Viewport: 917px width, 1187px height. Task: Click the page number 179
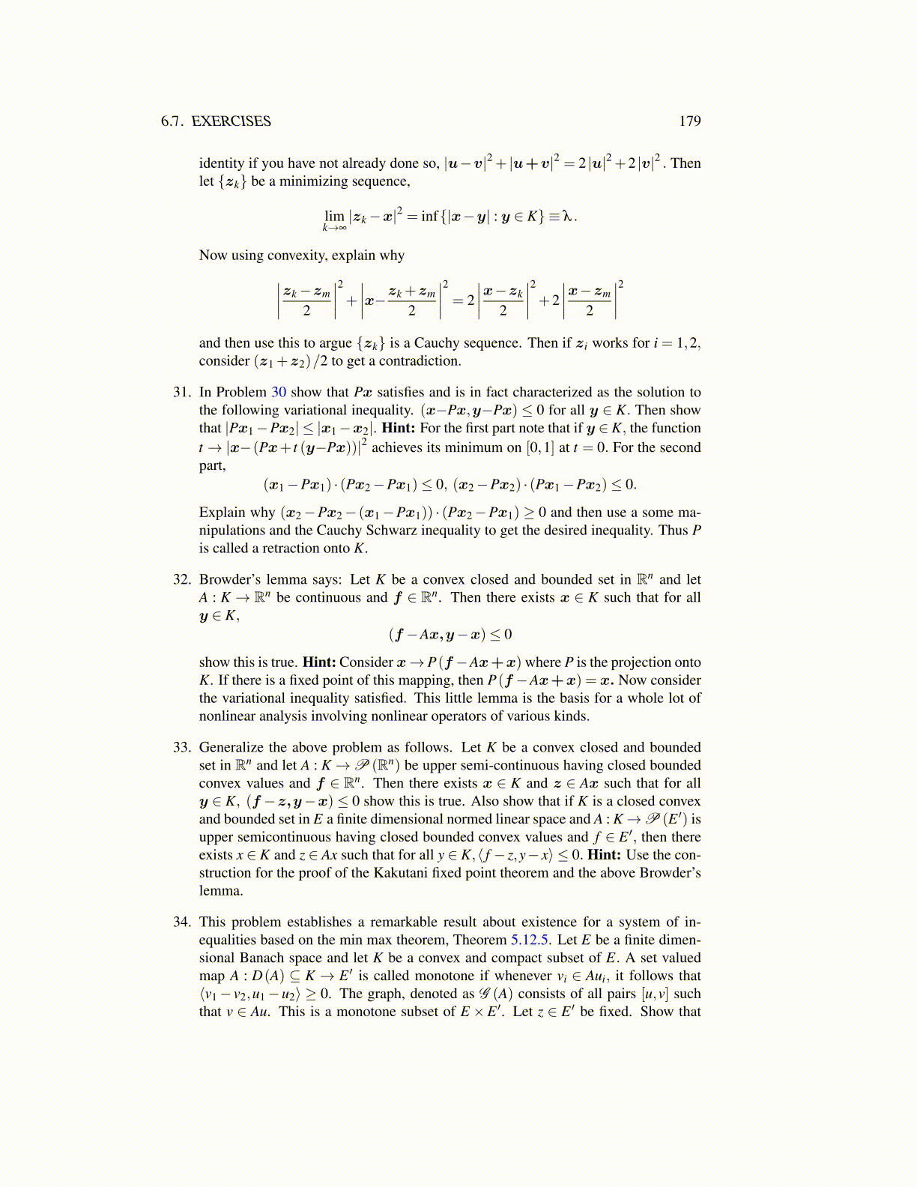click(689, 121)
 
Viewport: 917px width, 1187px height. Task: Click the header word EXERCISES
click(231, 121)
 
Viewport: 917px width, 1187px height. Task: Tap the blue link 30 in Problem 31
click(279, 392)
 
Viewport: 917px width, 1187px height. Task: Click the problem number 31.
click(182, 392)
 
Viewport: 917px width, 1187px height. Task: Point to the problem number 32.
click(182, 579)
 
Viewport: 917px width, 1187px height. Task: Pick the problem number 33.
click(182, 747)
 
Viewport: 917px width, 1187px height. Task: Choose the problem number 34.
click(182, 922)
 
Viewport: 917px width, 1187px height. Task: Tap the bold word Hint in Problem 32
click(319, 662)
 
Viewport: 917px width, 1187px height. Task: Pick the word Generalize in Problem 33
click(231, 747)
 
